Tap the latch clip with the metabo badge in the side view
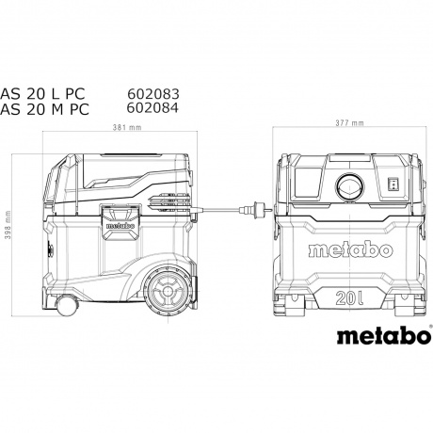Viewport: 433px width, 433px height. (x=113, y=223)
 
